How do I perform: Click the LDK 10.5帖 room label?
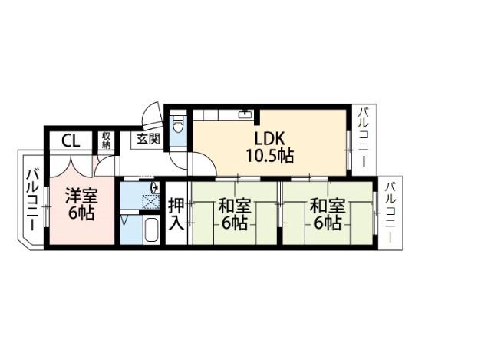click(269, 147)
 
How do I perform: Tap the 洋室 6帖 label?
click(81, 204)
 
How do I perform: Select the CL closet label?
click(71, 140)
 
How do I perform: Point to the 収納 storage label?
click(106, 140)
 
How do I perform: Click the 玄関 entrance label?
click(149, 138)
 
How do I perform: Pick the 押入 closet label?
click(176, 214)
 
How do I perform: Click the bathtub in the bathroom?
click(151, 229)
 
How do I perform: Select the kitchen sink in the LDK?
click(245, 114)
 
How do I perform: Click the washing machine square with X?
click(150, 202)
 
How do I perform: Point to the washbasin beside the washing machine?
click(155, 188)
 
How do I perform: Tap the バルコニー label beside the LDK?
click(364, 137)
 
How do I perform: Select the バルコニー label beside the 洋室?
click(32, 200)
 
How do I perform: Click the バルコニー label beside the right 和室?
click(390, 212)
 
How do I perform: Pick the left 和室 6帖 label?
click(235, 214)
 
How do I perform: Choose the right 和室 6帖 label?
click(328, 214)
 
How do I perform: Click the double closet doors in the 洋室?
click(71, 166)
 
